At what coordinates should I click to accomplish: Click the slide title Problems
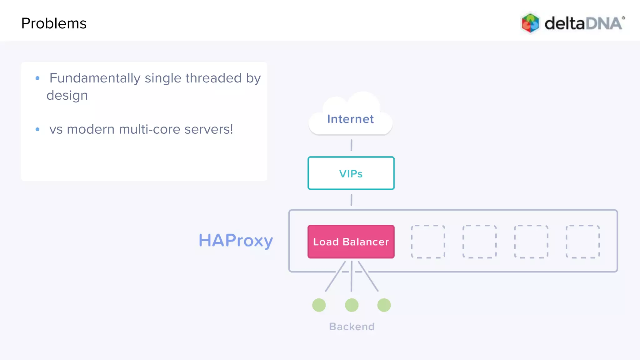click(x=54, y=23)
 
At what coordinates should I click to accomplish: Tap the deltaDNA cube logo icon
click(x=530, y=23)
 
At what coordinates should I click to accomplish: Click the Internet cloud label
click(x=350, y=119)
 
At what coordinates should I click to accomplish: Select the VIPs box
click(x=351, y=173)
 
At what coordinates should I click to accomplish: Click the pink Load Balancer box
click(x=351, y=242)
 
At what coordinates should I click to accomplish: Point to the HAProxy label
click(x=236, y=241)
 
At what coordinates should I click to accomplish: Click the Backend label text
click(x=352, y=327)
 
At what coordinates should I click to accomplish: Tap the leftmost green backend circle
click(x=319, y=305)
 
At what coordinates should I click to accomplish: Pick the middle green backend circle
click(x=352, y=305)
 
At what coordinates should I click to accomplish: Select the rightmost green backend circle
click(x=384, y=305)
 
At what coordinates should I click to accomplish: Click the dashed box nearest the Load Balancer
click(x=428, y=242)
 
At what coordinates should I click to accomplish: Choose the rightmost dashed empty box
click(x=582, y=242)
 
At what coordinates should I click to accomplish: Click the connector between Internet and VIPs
click(x=351, y=145)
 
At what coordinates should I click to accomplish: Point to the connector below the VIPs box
click(x=351, y=200)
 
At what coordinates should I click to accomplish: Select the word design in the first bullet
click(x=67, y=95)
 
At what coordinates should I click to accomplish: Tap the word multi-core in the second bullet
click(x=150, y=129)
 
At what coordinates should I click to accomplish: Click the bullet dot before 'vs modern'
click(x=37, y=129)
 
